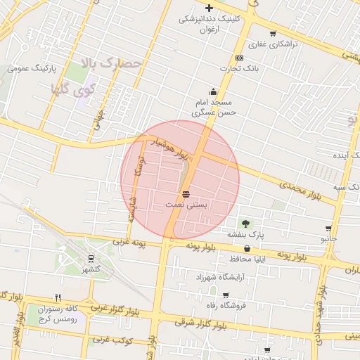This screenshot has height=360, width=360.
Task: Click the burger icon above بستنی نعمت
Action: pos(186,193)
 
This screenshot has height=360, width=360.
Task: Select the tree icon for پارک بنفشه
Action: pos(245,223)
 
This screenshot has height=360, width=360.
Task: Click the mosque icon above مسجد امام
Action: pos(214,91)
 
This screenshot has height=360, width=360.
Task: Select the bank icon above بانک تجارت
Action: pos(240,58)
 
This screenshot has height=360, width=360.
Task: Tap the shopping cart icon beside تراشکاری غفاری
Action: pos(273,33)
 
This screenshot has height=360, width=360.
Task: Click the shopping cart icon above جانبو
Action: pos(328,229)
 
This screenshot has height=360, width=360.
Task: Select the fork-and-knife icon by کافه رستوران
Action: pos(58,297)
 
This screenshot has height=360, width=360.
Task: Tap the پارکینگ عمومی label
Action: pos(31,68)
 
